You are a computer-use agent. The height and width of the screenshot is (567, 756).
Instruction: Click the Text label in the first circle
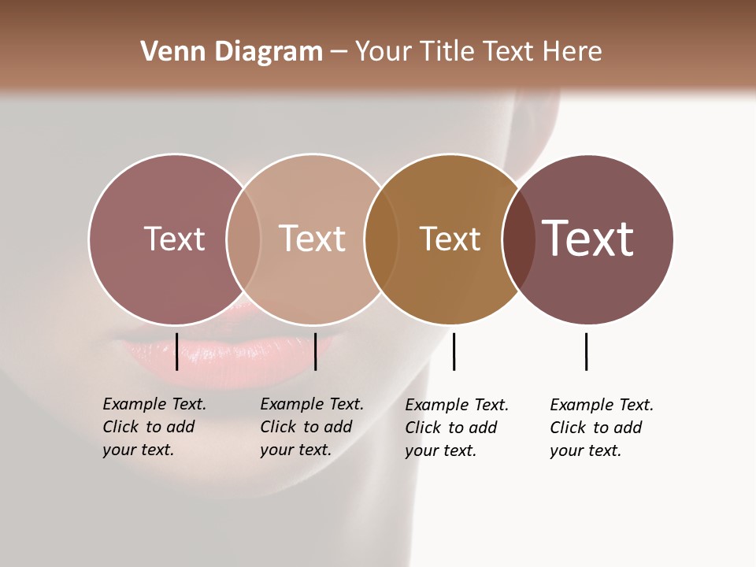(174, 239)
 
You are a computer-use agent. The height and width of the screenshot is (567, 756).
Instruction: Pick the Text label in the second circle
(312, 239)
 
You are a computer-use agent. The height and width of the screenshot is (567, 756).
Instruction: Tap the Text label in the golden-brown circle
(450, 239)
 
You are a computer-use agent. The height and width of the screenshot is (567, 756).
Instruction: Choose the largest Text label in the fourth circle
(587, 238)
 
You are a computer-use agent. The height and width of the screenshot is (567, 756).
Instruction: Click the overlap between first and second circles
(243, 239)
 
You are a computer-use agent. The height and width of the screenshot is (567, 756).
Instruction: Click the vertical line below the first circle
(176, 351)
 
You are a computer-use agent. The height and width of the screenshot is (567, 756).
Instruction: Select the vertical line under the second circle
(315, 351)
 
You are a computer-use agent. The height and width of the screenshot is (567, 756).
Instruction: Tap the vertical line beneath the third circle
(454, 351)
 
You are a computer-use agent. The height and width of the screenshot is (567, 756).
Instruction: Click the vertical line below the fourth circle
(586, 351)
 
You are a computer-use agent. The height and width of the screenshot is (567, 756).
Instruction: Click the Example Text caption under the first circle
(154, 427)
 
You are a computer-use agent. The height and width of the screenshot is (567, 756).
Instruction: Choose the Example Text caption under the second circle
(312, 427)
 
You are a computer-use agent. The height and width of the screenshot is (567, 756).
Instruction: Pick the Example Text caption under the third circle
(457, 428)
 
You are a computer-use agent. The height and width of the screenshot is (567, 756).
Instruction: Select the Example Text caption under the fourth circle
(602, 428)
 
